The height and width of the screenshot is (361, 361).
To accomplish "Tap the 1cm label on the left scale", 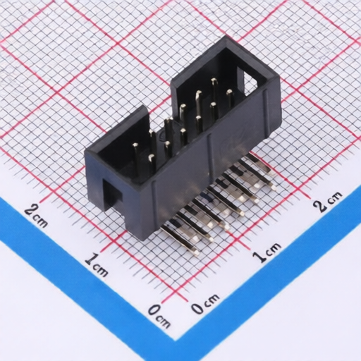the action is pyautogui.click(x=97, y=264).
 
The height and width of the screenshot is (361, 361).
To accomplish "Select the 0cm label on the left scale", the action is pyautogui.click(x=159, y=315).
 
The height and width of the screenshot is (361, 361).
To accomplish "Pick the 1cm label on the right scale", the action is pyautogui.click(x=267, y=252).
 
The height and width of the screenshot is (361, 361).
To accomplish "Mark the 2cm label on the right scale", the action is pyautogui.click(x=327, y=202).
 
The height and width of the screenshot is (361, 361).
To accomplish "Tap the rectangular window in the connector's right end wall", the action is pyautogui.click(x=249, y=81).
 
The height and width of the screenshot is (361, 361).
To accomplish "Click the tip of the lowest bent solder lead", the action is pyautogui.click(x=197, y=253).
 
